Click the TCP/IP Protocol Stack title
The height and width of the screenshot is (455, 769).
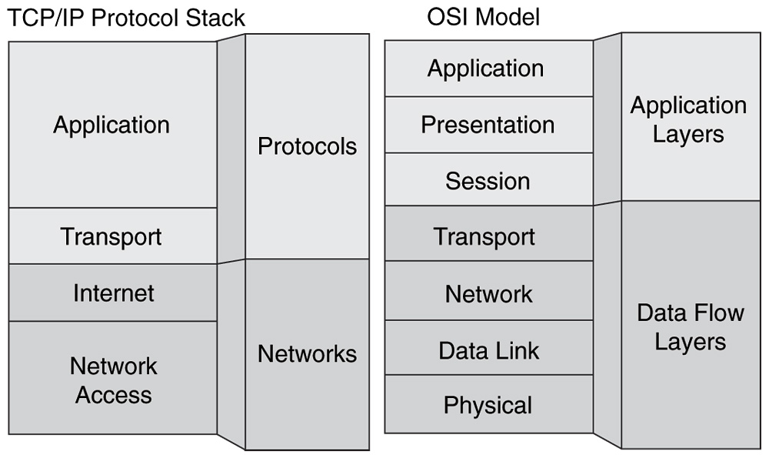pos(126,18)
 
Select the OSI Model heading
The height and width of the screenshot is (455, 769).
pos(483,16)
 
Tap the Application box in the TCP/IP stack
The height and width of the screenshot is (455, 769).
pos(112,125)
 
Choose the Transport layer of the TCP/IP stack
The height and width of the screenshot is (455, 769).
pos(112,236)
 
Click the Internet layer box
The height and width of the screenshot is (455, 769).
pos(113,293)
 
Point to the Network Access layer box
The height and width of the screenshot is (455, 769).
pos(113,380)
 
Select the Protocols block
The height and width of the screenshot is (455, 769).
pos(307,146)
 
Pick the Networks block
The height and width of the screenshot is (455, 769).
pos(307,353)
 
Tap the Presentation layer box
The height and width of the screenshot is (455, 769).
pos(488,125)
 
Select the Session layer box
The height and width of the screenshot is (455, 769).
pos(488,181)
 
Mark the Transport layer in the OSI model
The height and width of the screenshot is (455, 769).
pos(484,236)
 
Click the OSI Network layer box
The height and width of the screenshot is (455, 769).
pos(488,293)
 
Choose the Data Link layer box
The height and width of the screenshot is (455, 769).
pos(488,350)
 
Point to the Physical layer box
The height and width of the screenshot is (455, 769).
pos(488,405)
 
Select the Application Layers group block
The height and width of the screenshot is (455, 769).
pos(689,119)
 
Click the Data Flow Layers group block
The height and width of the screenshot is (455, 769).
pos(690,326)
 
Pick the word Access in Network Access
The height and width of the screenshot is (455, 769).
pos(113,395)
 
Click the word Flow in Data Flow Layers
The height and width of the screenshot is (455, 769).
pos(718,313)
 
